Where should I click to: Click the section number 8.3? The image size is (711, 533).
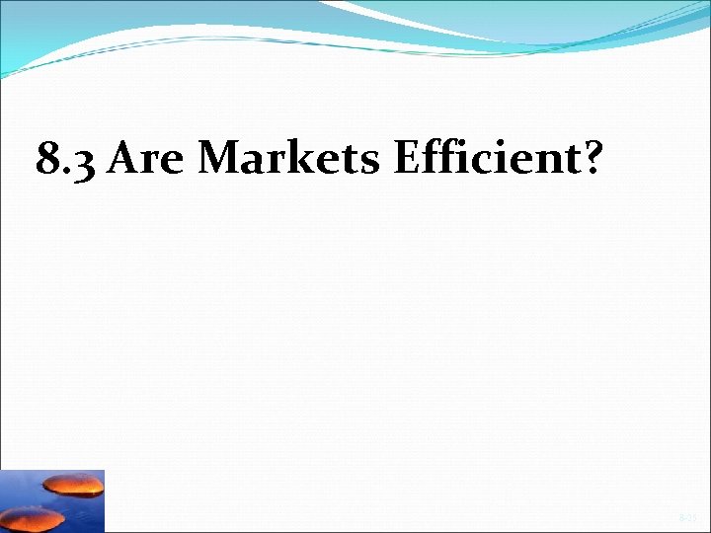(67, 158)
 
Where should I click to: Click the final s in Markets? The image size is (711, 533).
(372, 161)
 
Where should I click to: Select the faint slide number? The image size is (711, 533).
(687, 517)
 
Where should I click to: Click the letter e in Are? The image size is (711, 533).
(175, 161)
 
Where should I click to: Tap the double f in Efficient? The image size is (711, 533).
(443, 156)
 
